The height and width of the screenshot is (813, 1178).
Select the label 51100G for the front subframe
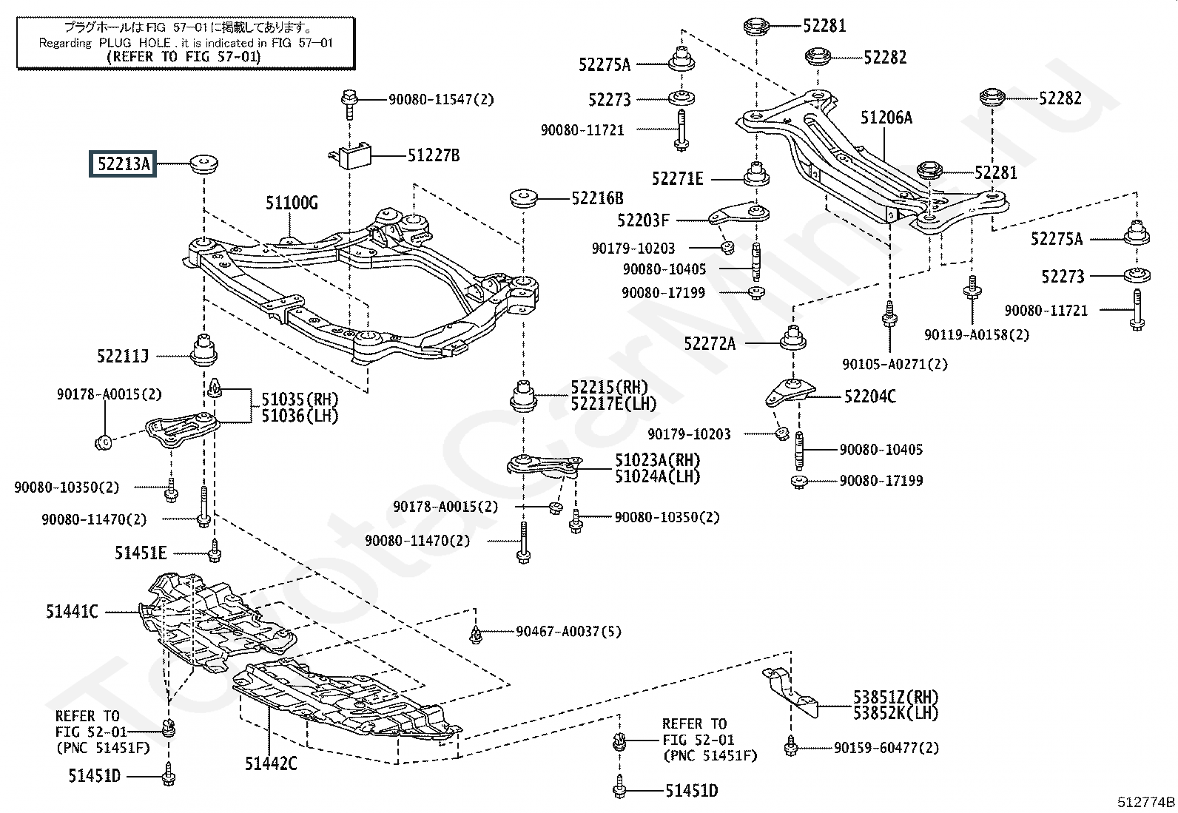tap(292, 203)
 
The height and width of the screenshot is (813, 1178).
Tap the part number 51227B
tap(434, 155)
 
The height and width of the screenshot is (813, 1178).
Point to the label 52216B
tap(597, 198)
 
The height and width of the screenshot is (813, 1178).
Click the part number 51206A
tap(886, 118)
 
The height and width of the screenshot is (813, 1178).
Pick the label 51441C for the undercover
tap(72, 612)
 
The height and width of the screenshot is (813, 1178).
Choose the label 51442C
tap(271, 763)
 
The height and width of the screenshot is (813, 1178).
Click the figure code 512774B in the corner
tap(1145, 801)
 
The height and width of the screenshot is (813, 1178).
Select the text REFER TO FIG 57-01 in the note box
tap(184, 56)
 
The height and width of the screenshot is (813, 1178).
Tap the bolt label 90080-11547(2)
tap(441, 99)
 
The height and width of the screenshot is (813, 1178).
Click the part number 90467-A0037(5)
tap(568, 632)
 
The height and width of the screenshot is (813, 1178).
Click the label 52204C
tap(869, 397)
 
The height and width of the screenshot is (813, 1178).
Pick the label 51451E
tap(141, 552)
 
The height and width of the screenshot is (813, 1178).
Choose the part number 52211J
tap(123, 357)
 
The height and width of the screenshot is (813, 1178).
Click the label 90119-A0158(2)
tap(976, 334)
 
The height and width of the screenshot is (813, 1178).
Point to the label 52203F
tap(643, 220)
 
